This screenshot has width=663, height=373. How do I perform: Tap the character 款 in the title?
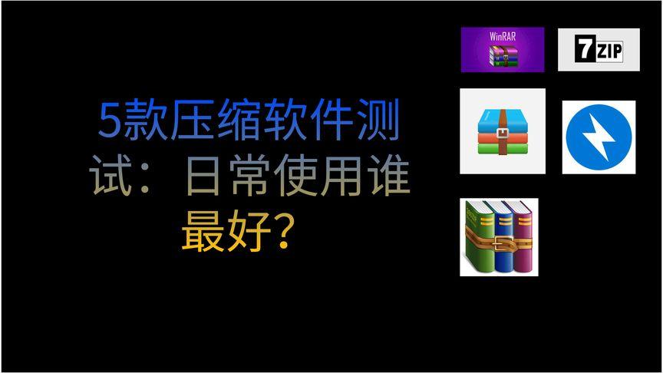143,123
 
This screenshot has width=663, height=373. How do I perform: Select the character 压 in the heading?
185,123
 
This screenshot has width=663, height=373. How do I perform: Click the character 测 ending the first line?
380,123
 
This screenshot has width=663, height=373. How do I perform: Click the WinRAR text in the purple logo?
503,37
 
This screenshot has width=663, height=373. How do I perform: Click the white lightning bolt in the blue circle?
599,137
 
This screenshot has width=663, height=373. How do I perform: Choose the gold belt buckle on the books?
503,246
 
